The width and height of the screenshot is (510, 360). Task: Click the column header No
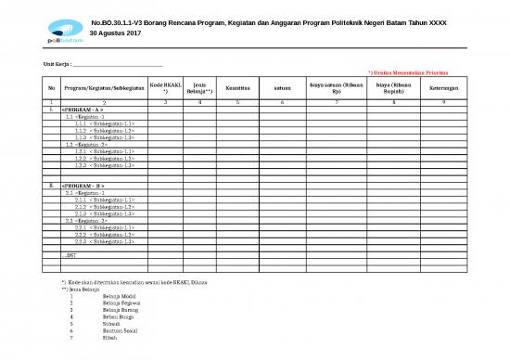(x=51, y=89)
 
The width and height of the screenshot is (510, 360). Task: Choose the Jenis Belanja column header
(x=197, y=88)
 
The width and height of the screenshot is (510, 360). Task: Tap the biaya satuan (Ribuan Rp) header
(x=336, y=89)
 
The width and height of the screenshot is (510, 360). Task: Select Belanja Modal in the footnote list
(x=116, y=295)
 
